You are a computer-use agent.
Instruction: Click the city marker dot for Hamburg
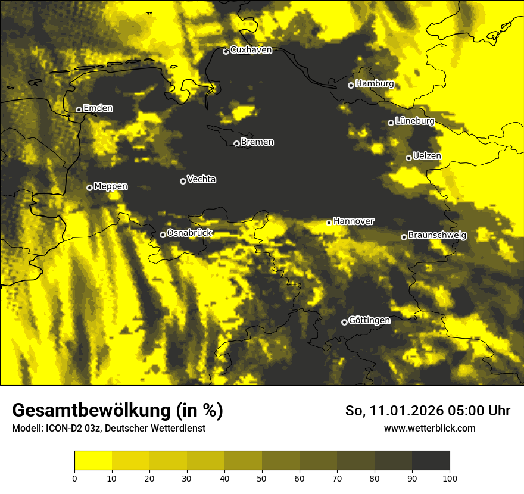[351, 85]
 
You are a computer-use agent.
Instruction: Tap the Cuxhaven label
[251, 50]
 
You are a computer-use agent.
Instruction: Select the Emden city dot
[79, 110]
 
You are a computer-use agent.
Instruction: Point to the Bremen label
[257, 142]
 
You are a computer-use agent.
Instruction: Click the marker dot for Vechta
[183, 181]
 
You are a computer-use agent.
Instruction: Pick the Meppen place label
[111, 186]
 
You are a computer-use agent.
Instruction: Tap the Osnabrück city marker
[163, 235]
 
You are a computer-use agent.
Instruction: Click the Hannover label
[354, 221]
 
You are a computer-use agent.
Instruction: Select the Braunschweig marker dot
[404, 237]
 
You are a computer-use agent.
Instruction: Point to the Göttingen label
[369, 320]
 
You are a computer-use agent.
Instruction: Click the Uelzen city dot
[408, 158]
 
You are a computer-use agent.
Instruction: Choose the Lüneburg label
[414, 121]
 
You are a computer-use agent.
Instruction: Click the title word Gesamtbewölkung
[88, 411]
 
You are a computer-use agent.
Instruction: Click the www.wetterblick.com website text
[429, 429]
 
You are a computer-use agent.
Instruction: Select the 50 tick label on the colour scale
[262, 478]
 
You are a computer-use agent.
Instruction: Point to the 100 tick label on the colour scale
[450, 478]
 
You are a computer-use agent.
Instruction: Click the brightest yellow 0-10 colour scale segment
[93, 461]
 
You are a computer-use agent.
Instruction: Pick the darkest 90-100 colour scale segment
[431, 461]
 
